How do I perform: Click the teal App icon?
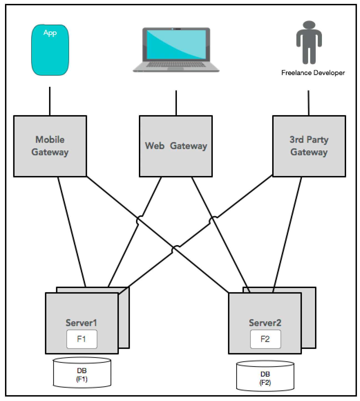50,50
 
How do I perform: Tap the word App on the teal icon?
50,33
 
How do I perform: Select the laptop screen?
176,44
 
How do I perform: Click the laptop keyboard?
176,64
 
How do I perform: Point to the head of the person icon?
309,25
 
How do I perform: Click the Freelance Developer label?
313,73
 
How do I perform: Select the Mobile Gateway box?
50,146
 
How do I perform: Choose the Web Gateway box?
176,146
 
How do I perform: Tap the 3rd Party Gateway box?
309,146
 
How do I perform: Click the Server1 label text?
81,323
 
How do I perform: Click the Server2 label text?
265,323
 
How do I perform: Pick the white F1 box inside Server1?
82,339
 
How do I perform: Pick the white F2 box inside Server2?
266,339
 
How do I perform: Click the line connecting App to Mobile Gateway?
50,101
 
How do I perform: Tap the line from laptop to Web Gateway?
176,103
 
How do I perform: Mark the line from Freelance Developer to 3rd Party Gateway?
309,103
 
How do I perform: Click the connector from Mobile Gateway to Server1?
72,232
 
